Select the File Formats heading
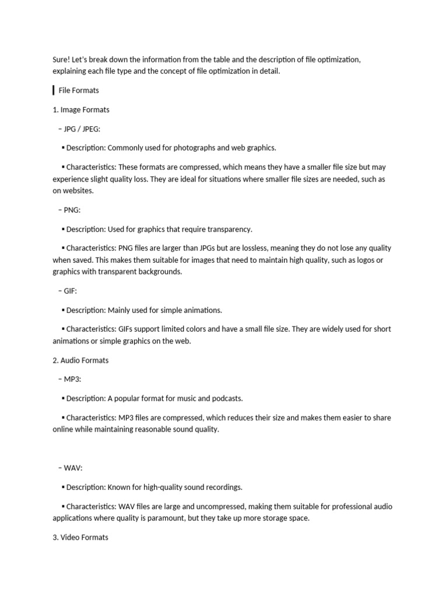[x=79, y=91]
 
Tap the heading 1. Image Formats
[x=80, y=110]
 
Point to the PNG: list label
[x=72, y=210]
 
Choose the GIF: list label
[x=71, y=291]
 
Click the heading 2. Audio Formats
[x=80, y=360]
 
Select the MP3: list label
[x=72, y=379]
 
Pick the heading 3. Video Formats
[x=80, y=537]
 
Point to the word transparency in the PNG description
[x=230, y=229]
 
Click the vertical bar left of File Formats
[x=54, y=91]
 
